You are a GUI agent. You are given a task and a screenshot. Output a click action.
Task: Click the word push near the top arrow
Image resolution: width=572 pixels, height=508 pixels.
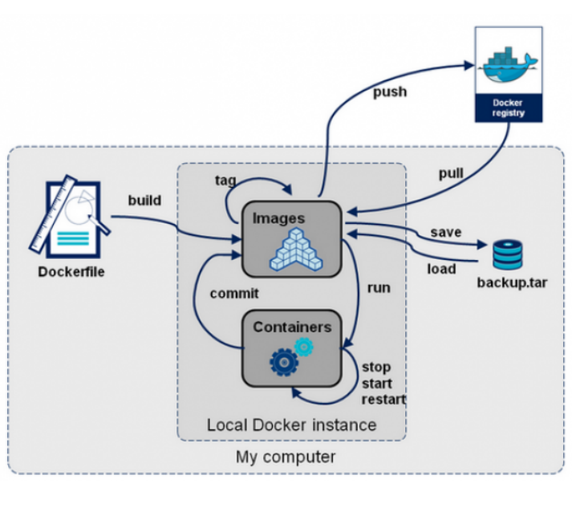(x=390, y=91)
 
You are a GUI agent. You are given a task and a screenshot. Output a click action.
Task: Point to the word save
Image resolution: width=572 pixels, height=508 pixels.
(x=446, y=232)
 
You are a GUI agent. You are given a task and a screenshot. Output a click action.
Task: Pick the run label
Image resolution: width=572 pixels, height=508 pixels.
(x=379, y=287)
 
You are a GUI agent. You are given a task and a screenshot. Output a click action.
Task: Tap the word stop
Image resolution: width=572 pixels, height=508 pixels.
(x=376, y=368)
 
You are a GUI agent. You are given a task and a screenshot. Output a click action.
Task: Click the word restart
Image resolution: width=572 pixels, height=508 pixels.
(x=383, y=399)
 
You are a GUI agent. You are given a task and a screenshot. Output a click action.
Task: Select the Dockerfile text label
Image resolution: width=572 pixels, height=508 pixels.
(x=71, y=271)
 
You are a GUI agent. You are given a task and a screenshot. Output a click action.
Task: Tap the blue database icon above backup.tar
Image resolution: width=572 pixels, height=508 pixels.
(x=507, y=254)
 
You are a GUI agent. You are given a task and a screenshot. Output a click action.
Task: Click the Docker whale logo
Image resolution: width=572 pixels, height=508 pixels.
(x=509, y=64)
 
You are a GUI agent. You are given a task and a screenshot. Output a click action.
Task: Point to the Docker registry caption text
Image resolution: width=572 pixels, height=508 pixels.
(x=509, y=108)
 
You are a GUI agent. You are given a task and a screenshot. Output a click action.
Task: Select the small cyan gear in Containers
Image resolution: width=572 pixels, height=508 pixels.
(x=304, y=346)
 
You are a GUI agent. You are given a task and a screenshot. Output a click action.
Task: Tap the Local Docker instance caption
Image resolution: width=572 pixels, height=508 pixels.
(x=291, y=425)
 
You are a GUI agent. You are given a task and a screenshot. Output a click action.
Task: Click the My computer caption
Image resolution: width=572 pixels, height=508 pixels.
(x=286, y=457)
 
